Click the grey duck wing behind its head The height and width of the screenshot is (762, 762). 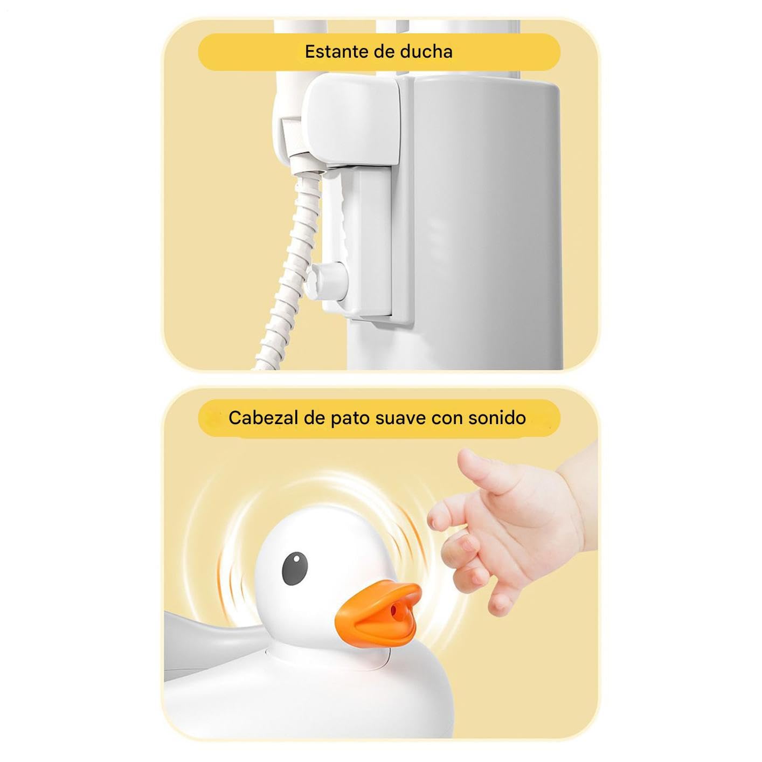(x=210, y=636)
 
